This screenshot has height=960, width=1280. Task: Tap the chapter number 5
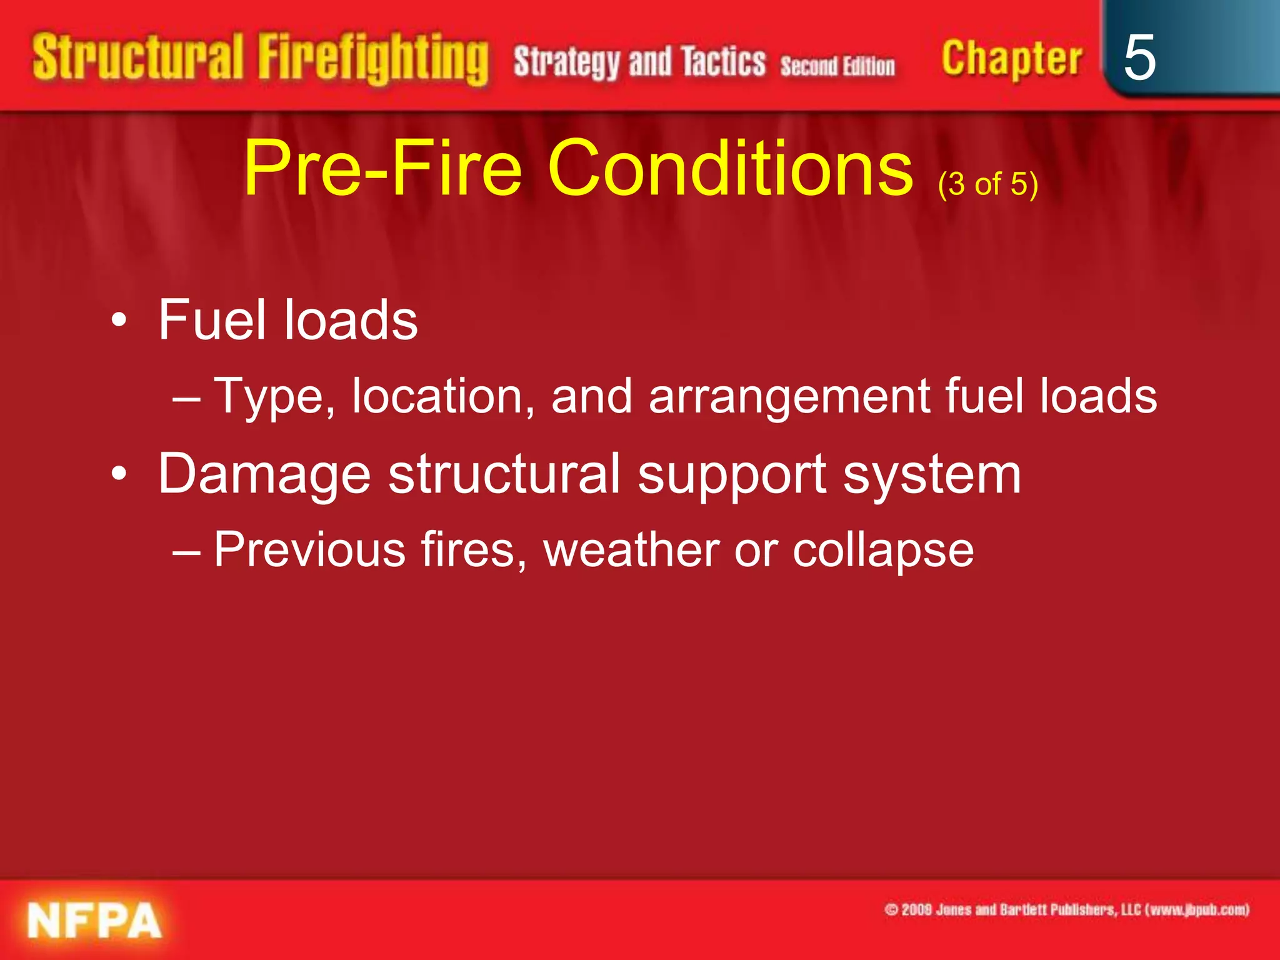click(x=1139, y=57)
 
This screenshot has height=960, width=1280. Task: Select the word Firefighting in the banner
click(x=373, y=59)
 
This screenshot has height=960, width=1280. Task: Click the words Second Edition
click(x=837, y=66)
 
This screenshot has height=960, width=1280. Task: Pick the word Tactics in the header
click(x=723, y=62)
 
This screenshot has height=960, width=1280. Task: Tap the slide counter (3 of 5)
click(x=987, y=184)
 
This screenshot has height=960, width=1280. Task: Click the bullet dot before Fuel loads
click(x=118, y=321)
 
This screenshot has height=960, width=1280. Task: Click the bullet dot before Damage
click(x=118, y=474)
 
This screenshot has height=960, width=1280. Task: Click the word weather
click(x=631, y=550)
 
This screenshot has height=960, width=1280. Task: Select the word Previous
click(x=310, y=550)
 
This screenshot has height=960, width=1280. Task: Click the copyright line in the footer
click(x=1066, y=909)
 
